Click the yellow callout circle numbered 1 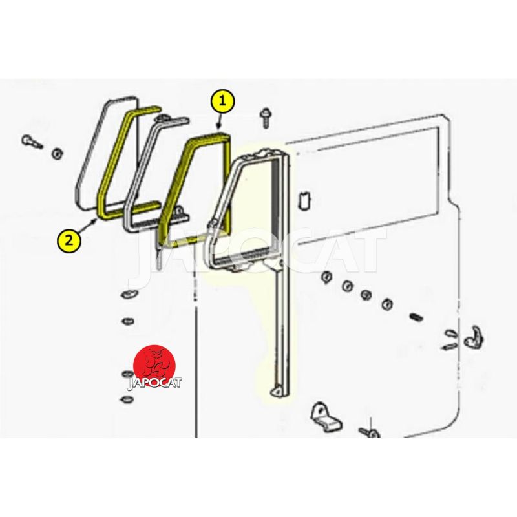[222, 101]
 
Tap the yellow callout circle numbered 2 [69, 240]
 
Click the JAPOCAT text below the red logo [154, 383]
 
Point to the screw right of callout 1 [265, 118]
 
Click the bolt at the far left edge [31, 142]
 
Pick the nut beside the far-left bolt [58, 153]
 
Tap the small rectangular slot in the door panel [304, 200]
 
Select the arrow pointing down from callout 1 [218, 121]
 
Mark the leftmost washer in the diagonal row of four [326, 277]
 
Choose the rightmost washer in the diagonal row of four [386, 303]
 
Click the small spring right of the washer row [416, 318]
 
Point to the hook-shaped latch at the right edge [474, 337]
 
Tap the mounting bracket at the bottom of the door [326, 416]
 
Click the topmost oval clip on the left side [128, 293]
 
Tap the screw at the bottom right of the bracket [370, 432]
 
